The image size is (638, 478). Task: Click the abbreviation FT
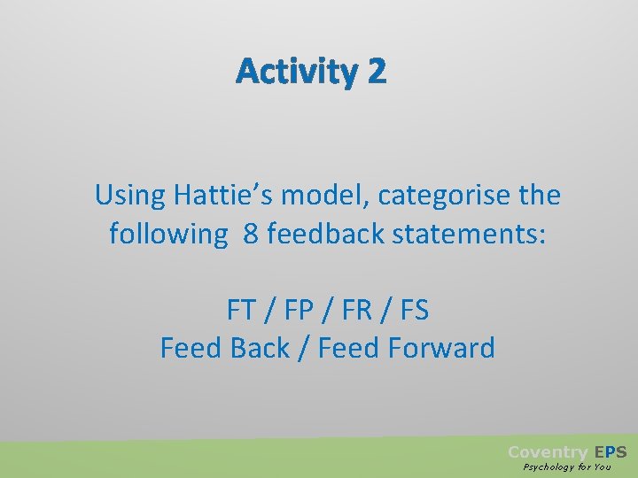[x=241, y=310]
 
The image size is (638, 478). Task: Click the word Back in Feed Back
[x=260, y=348]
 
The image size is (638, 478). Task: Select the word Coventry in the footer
[x=547, y=452]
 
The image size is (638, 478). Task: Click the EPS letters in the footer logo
[x=611, y=452]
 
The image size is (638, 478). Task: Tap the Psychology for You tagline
[x=567, y=467]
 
